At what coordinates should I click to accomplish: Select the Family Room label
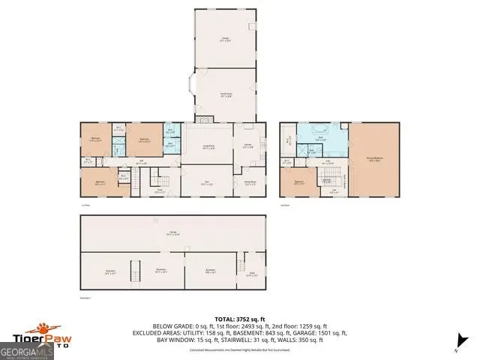[225, 95]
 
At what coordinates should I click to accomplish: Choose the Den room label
[205, 182]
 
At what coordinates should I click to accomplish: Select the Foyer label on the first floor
[159, 189]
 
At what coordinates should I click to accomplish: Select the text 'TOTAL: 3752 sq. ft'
[240, 318]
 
